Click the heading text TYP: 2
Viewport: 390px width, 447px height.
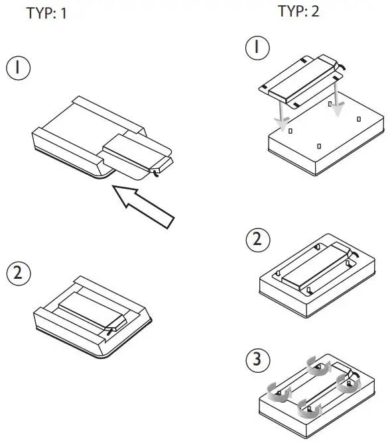[x=298, y=11]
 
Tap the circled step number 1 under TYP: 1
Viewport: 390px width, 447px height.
[x=18, y=69]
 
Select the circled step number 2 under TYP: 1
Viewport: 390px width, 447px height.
[x=18, y=273]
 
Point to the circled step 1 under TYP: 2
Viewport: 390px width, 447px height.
[x=257, y=49]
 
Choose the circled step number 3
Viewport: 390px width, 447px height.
[x=257, y=360]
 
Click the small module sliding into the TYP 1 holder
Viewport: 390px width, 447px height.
[x=136, y=154]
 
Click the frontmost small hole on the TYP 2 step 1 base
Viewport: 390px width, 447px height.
[x=319, y=146]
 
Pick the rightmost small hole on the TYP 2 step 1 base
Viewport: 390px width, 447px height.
[x=359, y=119]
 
